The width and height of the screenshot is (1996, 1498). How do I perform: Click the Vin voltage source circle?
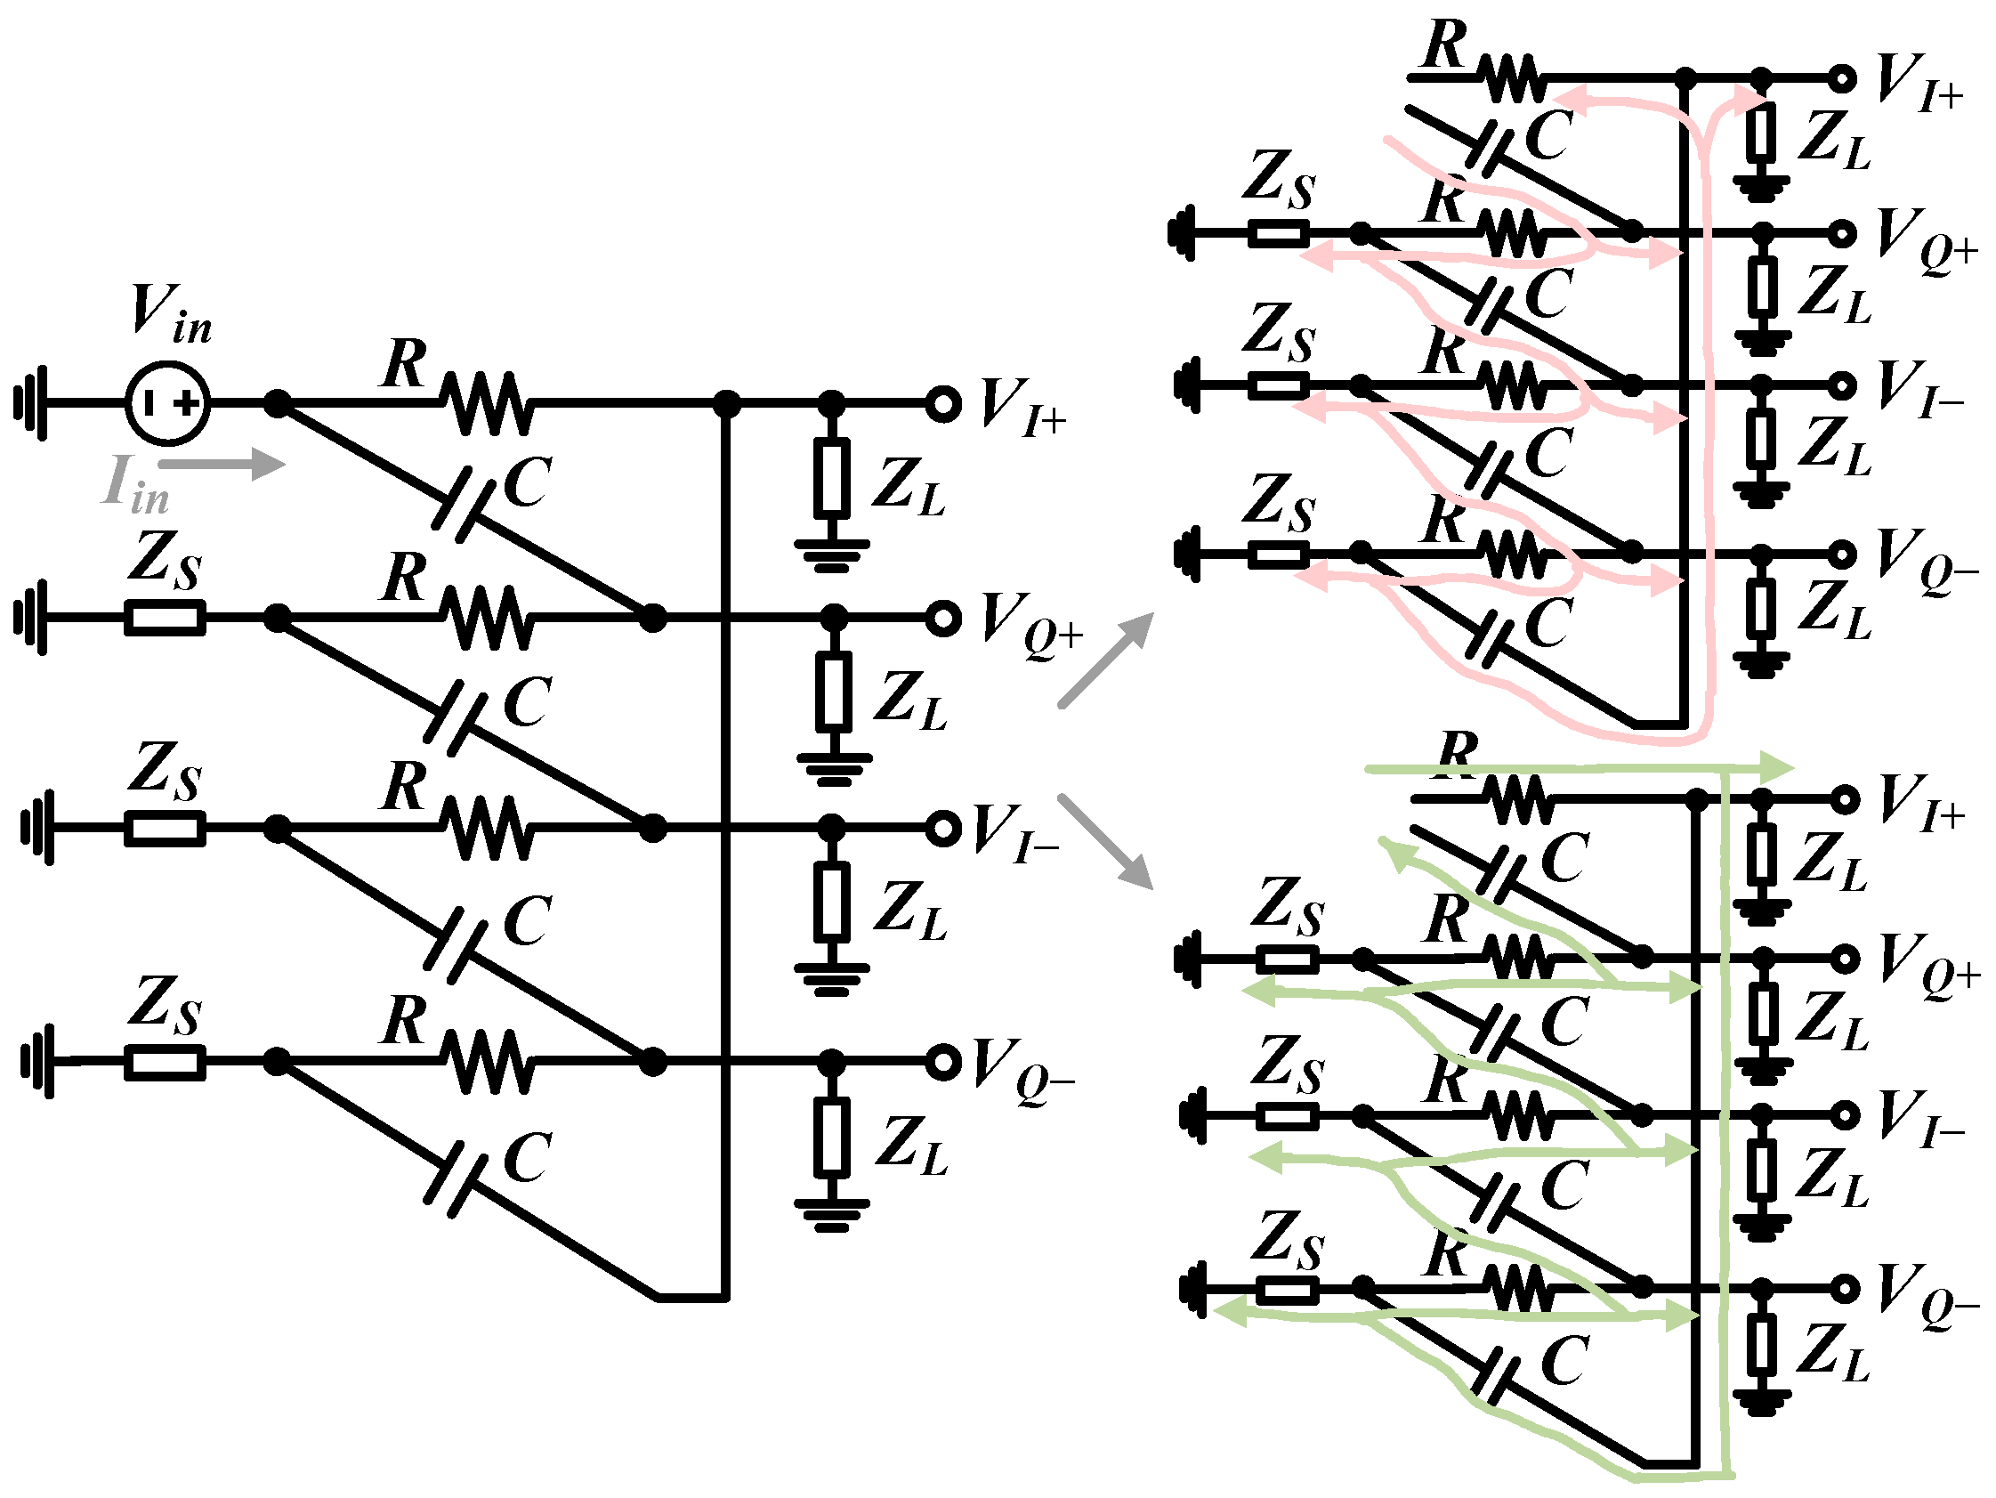pyautogui.click(x=168, y=403)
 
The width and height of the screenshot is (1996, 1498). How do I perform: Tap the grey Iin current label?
pyautogui.click(x=135, y=483)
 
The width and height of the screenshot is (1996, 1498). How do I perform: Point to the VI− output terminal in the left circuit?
pyautogui.click(x=943, y=828)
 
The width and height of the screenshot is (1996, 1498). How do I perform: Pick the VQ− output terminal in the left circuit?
pyautogui.click(x=943, y=1062)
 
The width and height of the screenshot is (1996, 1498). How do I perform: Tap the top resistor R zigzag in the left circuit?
pyautogui.click(x=488, y=403)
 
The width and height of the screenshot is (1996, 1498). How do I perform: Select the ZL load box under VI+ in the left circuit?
pyautogui.click(x=831, y=478)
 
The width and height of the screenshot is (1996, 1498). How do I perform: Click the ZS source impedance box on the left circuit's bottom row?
pyautogui.click(x=165, y=1062)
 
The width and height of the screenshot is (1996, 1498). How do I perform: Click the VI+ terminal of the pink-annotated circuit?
pyautogui.click(x=1842, y=79)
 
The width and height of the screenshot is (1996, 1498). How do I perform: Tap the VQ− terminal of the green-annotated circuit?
pyautogui.click(x=1845, y=1288)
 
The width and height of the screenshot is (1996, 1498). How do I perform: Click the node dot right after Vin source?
pyautogui.click(x=278, y=403)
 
